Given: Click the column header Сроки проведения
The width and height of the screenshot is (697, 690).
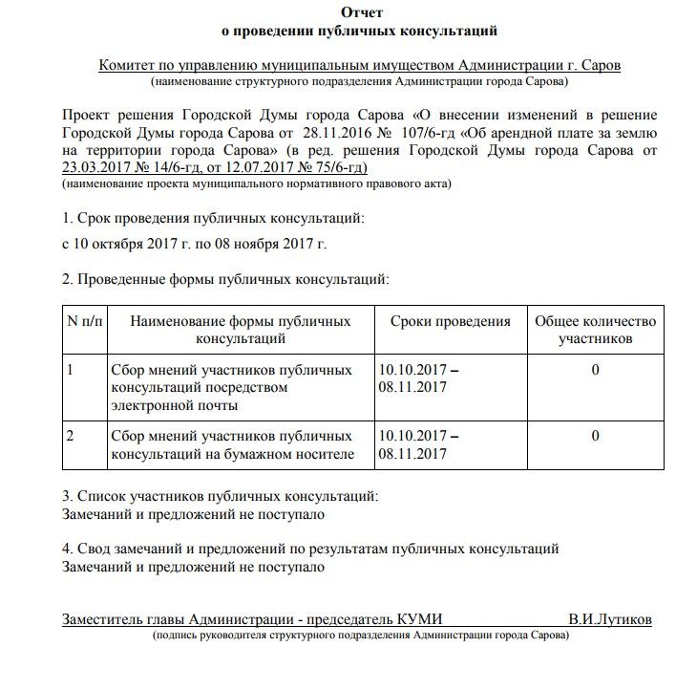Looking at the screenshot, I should [450, 321].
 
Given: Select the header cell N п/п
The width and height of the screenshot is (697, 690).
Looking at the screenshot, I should [83, 321].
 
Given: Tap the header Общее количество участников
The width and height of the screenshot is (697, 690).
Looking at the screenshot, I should [595, 330].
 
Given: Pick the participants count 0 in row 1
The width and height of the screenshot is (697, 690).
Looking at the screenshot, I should [595, 369].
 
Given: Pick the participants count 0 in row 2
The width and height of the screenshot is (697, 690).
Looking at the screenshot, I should [595, 436].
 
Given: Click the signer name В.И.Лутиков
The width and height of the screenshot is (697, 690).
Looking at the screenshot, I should [610, 619].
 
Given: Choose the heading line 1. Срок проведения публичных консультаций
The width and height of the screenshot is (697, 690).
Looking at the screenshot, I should [213, 219].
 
